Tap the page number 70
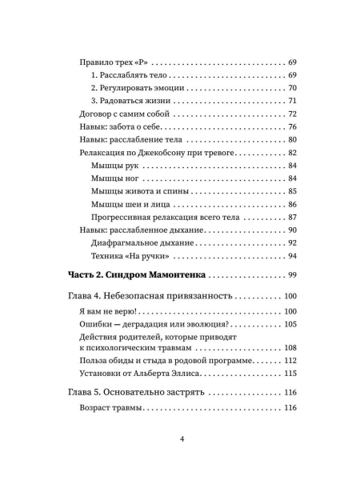pos(292,88)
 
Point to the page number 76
pos(292,127)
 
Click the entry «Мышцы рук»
pos(114,166)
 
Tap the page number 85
pos(292,191)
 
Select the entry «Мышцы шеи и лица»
pos(130,205)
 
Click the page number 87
pos(292,218)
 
